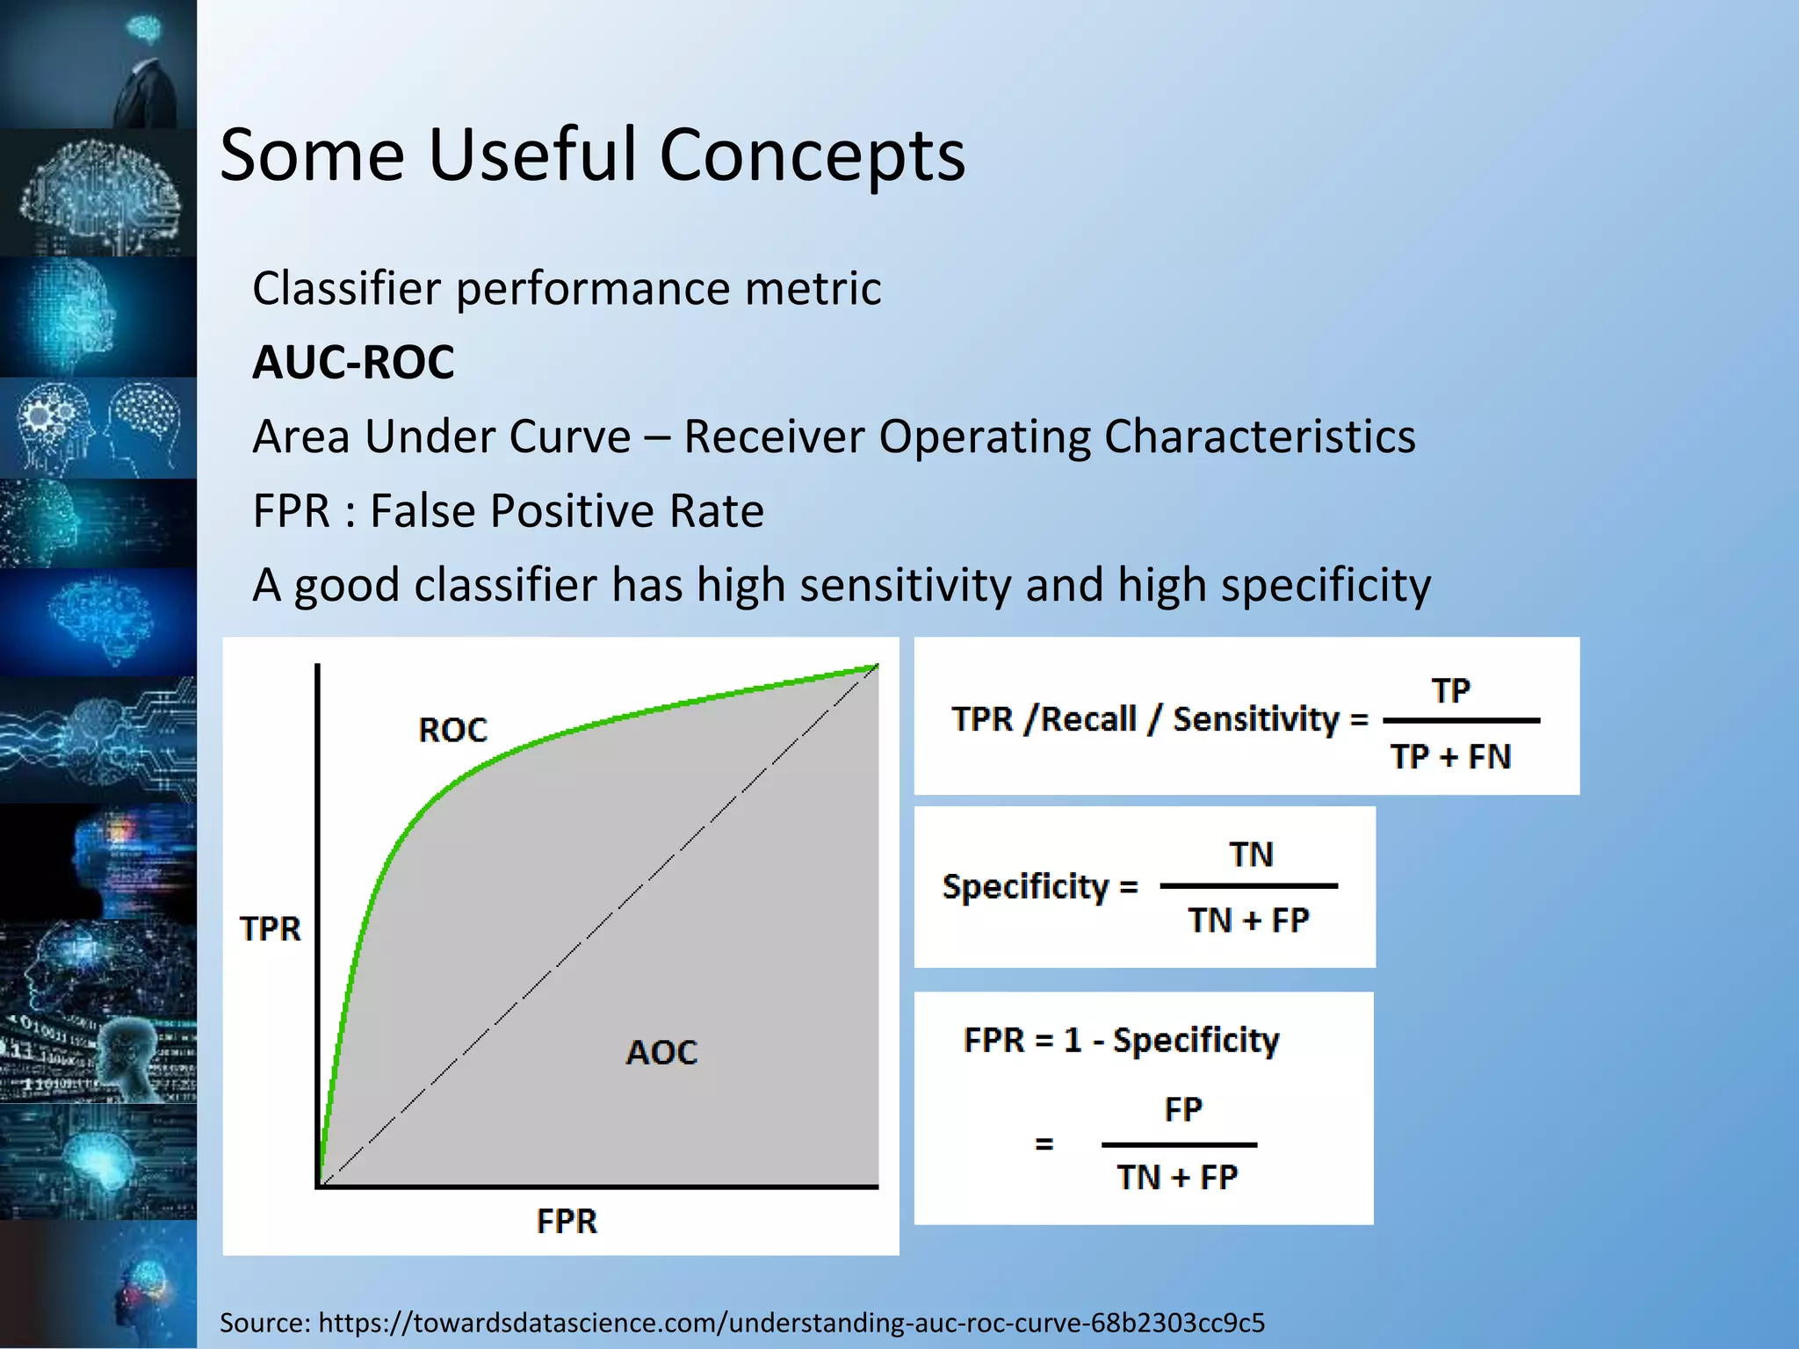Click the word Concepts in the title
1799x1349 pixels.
(x=812, y=155)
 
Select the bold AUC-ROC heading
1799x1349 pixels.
(x=353, y=362)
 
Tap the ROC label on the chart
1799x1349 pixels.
(x=452, y=731)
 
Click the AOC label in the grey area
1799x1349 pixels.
(x=661, y=1052)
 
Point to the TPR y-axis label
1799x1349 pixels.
(x=270, y=929)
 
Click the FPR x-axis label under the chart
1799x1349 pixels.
(x=567, y=1222)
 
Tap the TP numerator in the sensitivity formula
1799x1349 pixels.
(x=1450, y=691)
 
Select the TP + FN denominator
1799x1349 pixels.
(x=1450, y=757)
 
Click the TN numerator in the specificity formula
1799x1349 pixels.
(x=1251, y=855)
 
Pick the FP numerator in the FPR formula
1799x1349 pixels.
(x=1182, y=1110)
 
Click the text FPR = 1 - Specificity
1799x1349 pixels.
(x=1121, y=1041)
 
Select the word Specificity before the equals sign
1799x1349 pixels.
(x=1025, y=887)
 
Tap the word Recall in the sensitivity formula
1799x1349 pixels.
(x=1088, y=719)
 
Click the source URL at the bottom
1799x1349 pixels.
(x=791, y=1323)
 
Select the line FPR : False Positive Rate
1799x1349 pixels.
(x=508, y=511)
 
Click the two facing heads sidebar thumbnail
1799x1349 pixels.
(x=98, y=429)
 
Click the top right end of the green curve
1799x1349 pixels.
(x=876, y=667)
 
